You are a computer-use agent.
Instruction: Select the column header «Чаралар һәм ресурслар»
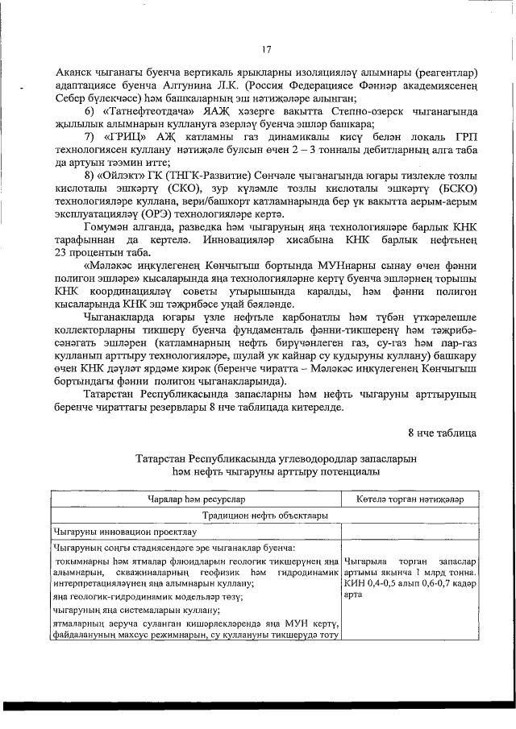(x=196, y=499)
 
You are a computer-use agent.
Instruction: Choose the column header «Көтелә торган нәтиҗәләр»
(x=410, y=499)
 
